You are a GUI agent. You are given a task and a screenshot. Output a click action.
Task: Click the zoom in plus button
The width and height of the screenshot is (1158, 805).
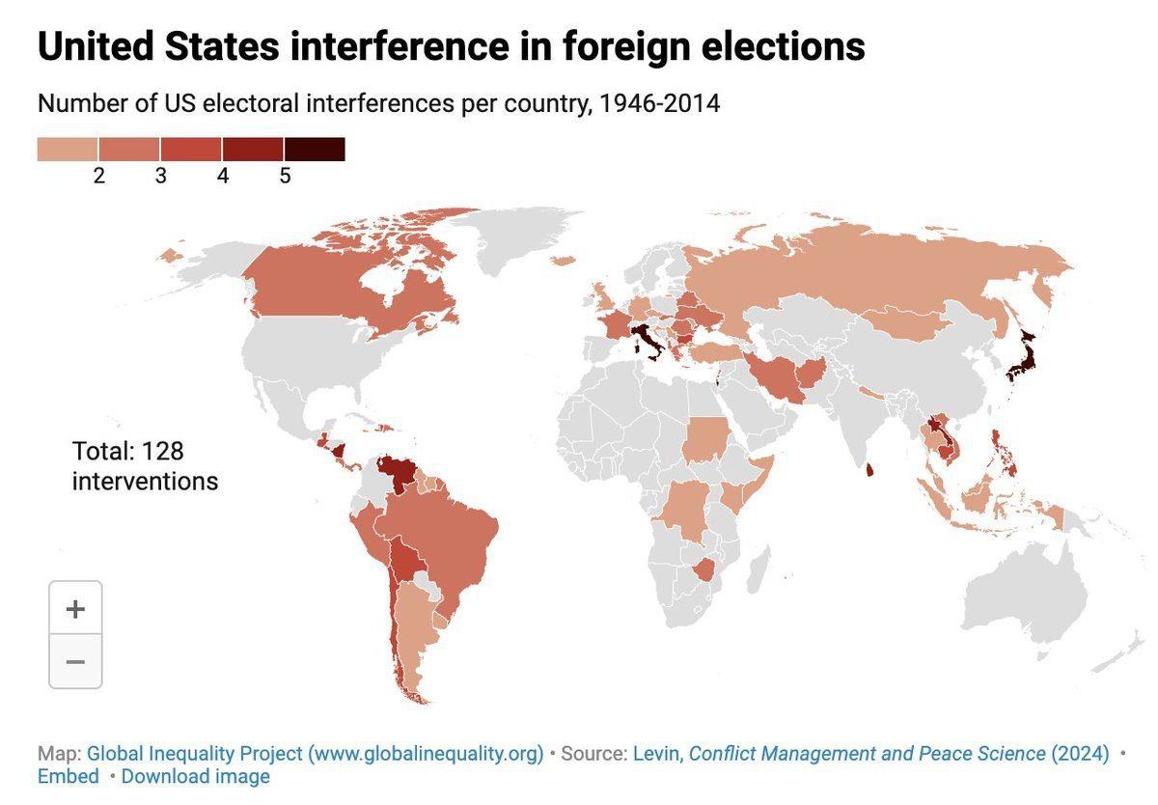point(75,609)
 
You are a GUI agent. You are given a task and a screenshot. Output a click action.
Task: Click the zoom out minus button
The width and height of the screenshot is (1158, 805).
point(75,662)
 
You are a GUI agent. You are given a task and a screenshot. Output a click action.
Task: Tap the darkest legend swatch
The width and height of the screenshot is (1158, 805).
point(315,149)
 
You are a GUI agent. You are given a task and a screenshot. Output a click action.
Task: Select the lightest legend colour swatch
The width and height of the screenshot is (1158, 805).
point(68,149)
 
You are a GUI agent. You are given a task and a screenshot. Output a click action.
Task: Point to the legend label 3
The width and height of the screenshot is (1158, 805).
point(161,177)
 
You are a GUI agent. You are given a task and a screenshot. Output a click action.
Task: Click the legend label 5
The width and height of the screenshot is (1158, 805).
point(285,177)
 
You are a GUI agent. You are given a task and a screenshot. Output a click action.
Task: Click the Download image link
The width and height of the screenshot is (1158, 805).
point(196,776)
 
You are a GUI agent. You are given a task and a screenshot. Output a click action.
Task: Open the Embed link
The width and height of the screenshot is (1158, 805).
point(69,776)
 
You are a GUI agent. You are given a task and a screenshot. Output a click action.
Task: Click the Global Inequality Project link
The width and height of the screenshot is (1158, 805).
point(315,753)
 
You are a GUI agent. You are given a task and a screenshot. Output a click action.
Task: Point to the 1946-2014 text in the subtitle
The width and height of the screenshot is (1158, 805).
point(659,103)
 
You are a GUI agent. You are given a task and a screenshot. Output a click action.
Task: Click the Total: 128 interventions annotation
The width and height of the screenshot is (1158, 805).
point(145,465)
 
